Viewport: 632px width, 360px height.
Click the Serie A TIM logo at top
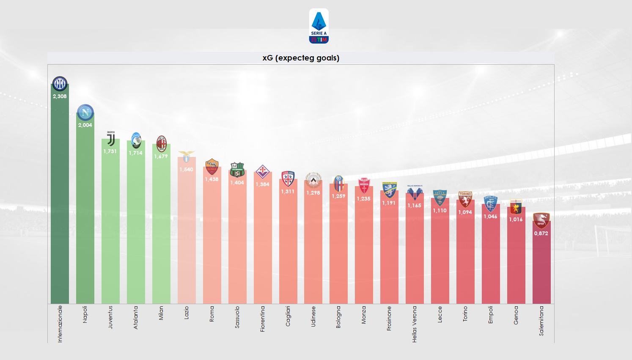pos(319,26)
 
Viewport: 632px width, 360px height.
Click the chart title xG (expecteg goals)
pos(301,58)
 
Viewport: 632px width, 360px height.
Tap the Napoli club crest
pos(85,113)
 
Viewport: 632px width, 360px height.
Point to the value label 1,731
pos(110,151)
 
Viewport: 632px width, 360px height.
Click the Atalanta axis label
pos(136,317)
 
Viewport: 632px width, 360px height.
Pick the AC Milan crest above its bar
pos(161,144)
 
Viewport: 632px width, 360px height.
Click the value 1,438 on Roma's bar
pos(212,179)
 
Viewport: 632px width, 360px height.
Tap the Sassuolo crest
pos(237,170)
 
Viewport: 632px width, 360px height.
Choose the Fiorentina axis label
pos(262,319)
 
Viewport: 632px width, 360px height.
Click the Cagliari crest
pos(288,179)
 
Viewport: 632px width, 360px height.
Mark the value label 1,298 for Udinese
pos(313,192)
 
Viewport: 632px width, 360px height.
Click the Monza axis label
pos(364,315)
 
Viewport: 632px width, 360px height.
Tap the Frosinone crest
pos(389,190)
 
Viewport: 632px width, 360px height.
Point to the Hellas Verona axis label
pos(415,324)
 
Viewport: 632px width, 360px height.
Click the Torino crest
pos(465,199)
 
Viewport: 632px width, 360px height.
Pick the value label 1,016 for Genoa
pos(516,219)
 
